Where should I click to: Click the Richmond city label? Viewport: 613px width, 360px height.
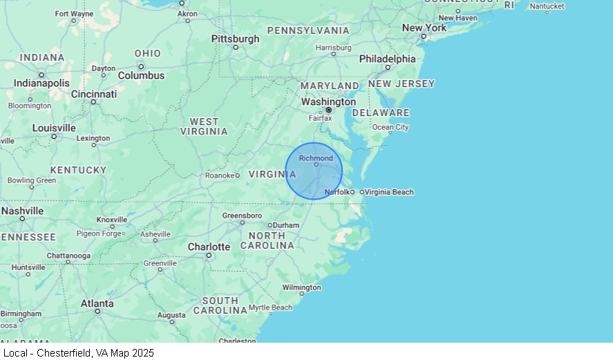[x=316, y=158]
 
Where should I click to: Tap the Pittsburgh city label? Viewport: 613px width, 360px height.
[x=235, y=39]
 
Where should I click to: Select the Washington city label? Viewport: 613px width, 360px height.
[x=328, y=102]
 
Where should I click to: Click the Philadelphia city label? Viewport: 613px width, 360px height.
[x=387, y=59]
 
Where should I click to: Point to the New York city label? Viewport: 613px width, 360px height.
[x=424, y=28]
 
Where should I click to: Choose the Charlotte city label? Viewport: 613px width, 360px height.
[x=209, y=247]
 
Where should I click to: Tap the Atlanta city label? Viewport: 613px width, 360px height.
[x=97, y=303]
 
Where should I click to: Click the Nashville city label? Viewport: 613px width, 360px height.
[x=22, y=211]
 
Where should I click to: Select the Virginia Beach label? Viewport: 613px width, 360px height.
[x=389, y=192]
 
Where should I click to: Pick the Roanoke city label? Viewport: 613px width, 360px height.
[x=220, y=176]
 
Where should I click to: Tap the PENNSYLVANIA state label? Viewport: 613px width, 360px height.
[x=308, y=30]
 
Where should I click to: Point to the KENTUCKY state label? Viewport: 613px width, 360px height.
[x=78, y=170]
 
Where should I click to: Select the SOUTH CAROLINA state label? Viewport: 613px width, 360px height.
[x=220, y=305]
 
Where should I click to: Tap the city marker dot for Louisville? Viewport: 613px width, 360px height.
[x=54, y=136]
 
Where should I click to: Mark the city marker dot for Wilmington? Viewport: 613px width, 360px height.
[x=301, y=294]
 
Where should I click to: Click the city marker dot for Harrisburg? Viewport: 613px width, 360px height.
[x=333, y=54]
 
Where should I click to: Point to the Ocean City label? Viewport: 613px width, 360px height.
[x=390, y=127]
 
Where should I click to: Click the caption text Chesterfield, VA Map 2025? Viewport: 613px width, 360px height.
[x=78, y=353]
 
